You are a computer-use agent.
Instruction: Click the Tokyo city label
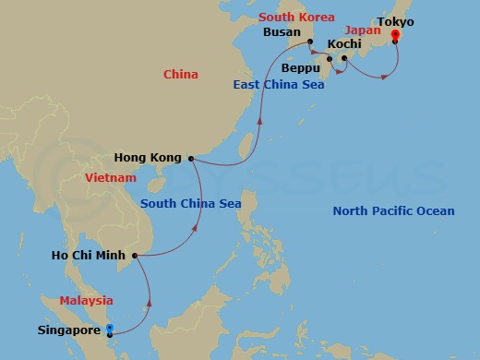[395, 21]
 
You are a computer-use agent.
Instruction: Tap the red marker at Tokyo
[395, 37]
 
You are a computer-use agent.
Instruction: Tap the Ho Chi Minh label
[91, 256]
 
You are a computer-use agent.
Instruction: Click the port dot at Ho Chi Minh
[135, 256]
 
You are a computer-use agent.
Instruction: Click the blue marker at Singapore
[109, 329]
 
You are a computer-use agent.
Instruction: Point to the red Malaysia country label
[86, 300]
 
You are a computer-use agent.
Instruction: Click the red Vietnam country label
[110, 177]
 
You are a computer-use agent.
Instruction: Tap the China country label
[180, 74]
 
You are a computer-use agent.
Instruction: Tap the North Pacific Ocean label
[393, 211]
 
